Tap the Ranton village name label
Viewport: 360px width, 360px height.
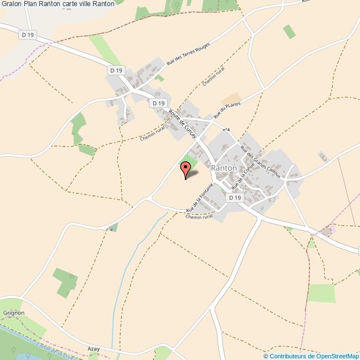pyautogui.click(x=224, y=168)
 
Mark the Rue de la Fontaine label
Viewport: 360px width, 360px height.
pyautogui.click(x=200, y=200)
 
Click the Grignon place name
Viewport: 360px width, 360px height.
pyautogui.click(x=14, y=313)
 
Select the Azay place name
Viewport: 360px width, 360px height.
pyautogui.click(x=94, y=348)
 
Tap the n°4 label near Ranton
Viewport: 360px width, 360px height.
pyautogui.click(x=226, y=130)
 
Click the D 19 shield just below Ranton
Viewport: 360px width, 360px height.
pyautogui.click(x=235, y=198)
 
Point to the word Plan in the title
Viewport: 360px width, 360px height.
pyautogui.click(x=30, y=4)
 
